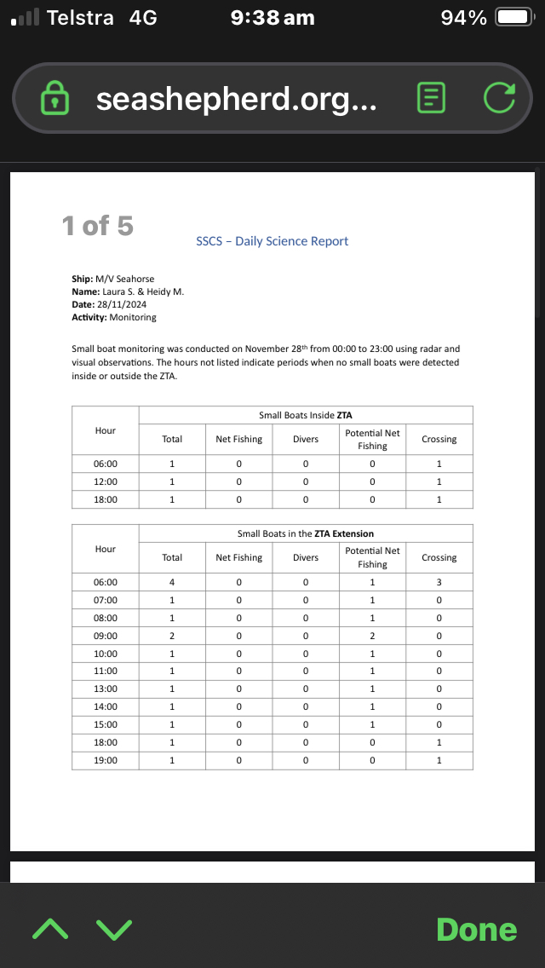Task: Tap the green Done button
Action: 476,929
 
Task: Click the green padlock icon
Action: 55,99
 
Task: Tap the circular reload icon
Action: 499,99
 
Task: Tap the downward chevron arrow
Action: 114,929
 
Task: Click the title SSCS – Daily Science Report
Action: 272,241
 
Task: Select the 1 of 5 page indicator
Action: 97,226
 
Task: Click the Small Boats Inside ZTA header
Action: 305,415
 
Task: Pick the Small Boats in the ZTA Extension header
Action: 305,533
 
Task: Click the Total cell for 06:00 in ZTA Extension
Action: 172,583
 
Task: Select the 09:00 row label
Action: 106,636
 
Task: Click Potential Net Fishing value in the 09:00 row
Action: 372,636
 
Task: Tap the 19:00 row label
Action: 106,760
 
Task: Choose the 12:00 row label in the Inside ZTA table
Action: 106,481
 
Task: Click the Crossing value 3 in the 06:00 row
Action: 439,583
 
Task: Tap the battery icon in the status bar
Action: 513,18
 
